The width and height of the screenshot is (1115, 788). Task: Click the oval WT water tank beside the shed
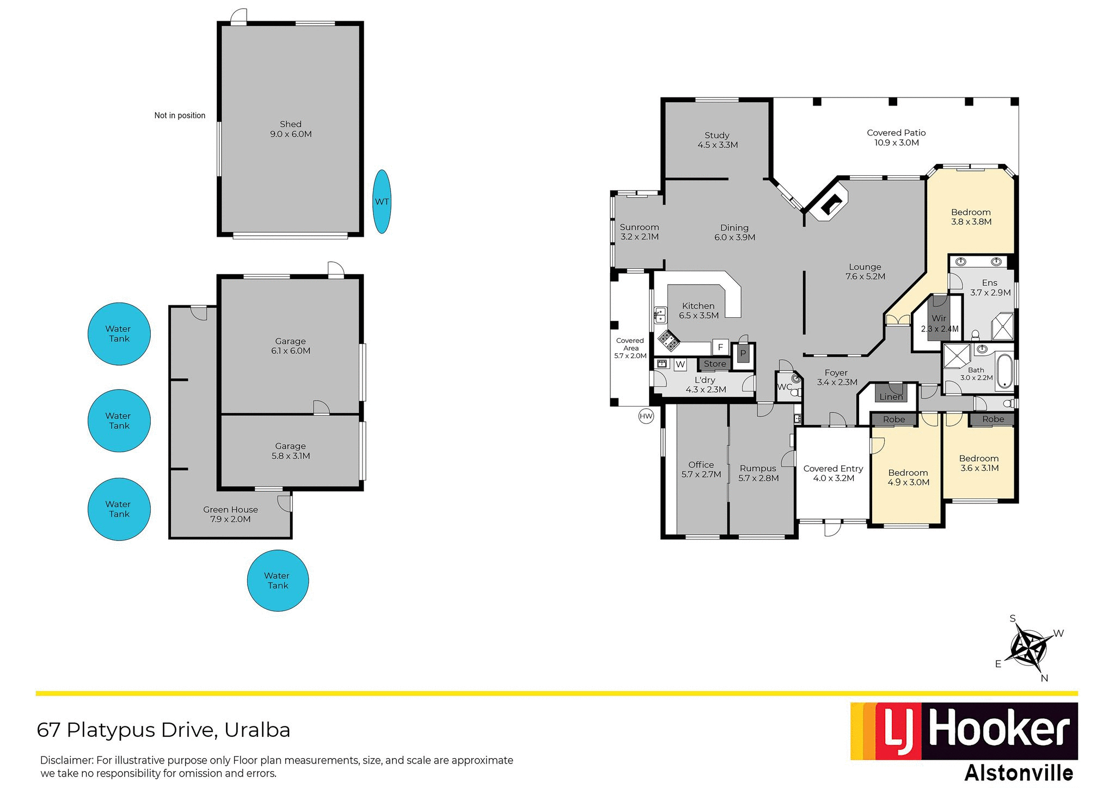(x=382, y=201)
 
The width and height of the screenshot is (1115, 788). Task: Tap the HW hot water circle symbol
(x=646, y=417)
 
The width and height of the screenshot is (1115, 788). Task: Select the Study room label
(x=717, y=140)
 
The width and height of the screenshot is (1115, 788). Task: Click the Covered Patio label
(x=896, y=138)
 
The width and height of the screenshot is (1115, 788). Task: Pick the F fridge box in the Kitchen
(x=720, y=347)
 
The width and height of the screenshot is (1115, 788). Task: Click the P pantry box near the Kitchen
(x=743, y=354)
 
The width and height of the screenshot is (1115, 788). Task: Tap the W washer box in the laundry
(x=681, y=365)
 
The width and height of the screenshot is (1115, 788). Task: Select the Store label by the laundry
(x=715, y=364)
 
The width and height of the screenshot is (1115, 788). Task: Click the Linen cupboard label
(x=891, y=397)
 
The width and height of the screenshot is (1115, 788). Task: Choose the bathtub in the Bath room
(x=1004, y=372)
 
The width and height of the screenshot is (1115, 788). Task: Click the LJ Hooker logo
(x=964, y=731)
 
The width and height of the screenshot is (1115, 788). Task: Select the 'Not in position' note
(x=180, y=115)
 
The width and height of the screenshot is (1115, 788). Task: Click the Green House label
(x=230, y=514)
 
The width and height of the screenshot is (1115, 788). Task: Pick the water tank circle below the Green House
(x=278, y=581)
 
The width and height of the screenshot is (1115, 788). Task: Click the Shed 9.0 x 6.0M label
(x=291, y=129)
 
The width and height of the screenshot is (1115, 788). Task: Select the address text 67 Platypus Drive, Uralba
(x=163, y=730)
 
